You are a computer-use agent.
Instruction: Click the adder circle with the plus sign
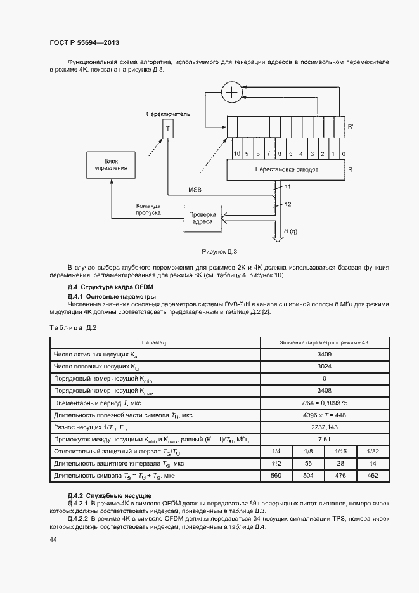pyautogui.click(x=233, y=93)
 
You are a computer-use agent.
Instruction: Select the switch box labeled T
pyautogui.click(x=167, y=129)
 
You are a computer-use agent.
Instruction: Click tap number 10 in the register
pyautogui.click(x=236, y=154)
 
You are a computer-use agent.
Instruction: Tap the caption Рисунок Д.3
pyautogui.click(x=219, y=252)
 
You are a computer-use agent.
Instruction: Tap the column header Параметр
pyautogui.click(x=155, y=342)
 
